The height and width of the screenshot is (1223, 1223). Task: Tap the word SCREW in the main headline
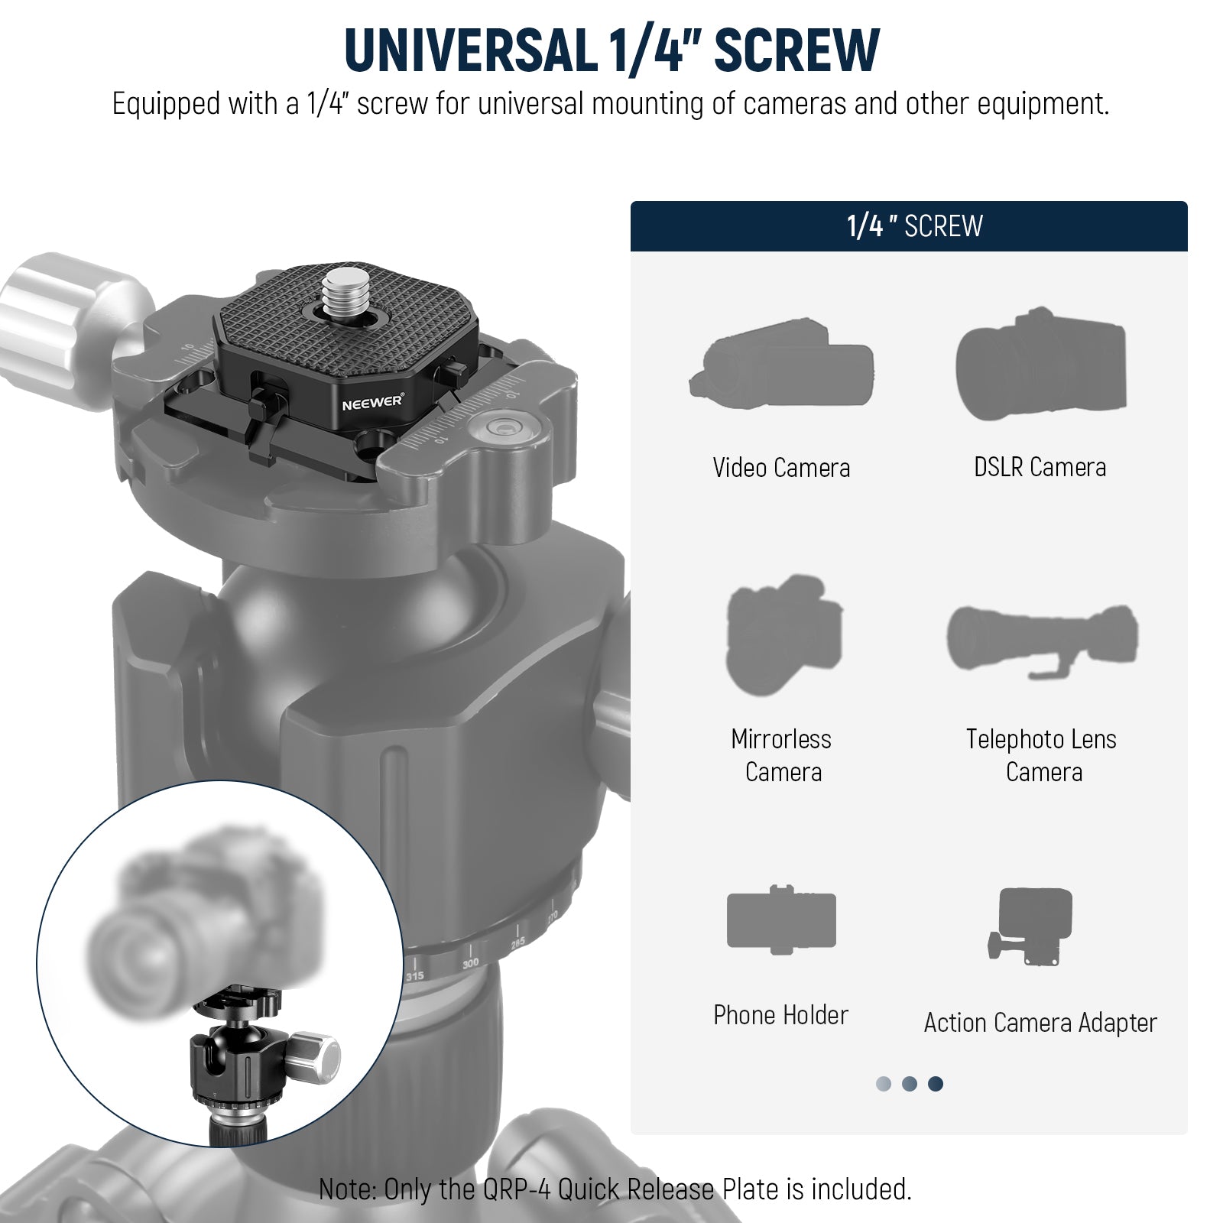[796, 50]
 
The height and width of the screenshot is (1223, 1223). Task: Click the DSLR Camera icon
[1041, 365]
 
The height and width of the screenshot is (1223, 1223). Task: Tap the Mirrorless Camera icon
[783, 634]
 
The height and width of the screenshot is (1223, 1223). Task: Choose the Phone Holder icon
[781, 920]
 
